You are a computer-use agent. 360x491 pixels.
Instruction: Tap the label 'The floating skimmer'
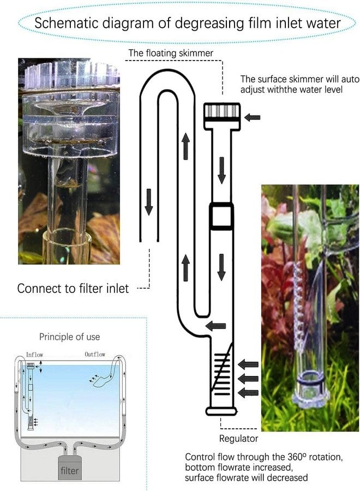point(171,53)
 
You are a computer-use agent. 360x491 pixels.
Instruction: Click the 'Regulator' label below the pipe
point(238,438)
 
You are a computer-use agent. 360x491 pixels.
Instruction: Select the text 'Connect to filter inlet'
point(73,288)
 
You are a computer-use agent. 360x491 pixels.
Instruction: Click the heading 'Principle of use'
point(69,337)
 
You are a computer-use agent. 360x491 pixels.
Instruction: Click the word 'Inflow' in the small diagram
point(34,355)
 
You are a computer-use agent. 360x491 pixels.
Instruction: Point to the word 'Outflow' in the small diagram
point(95,355)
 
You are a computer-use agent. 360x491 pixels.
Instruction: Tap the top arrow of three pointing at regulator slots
point(249,364)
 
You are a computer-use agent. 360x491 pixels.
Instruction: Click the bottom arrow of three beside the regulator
point(249,391)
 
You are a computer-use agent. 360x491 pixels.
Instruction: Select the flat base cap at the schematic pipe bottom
point(221,411)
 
